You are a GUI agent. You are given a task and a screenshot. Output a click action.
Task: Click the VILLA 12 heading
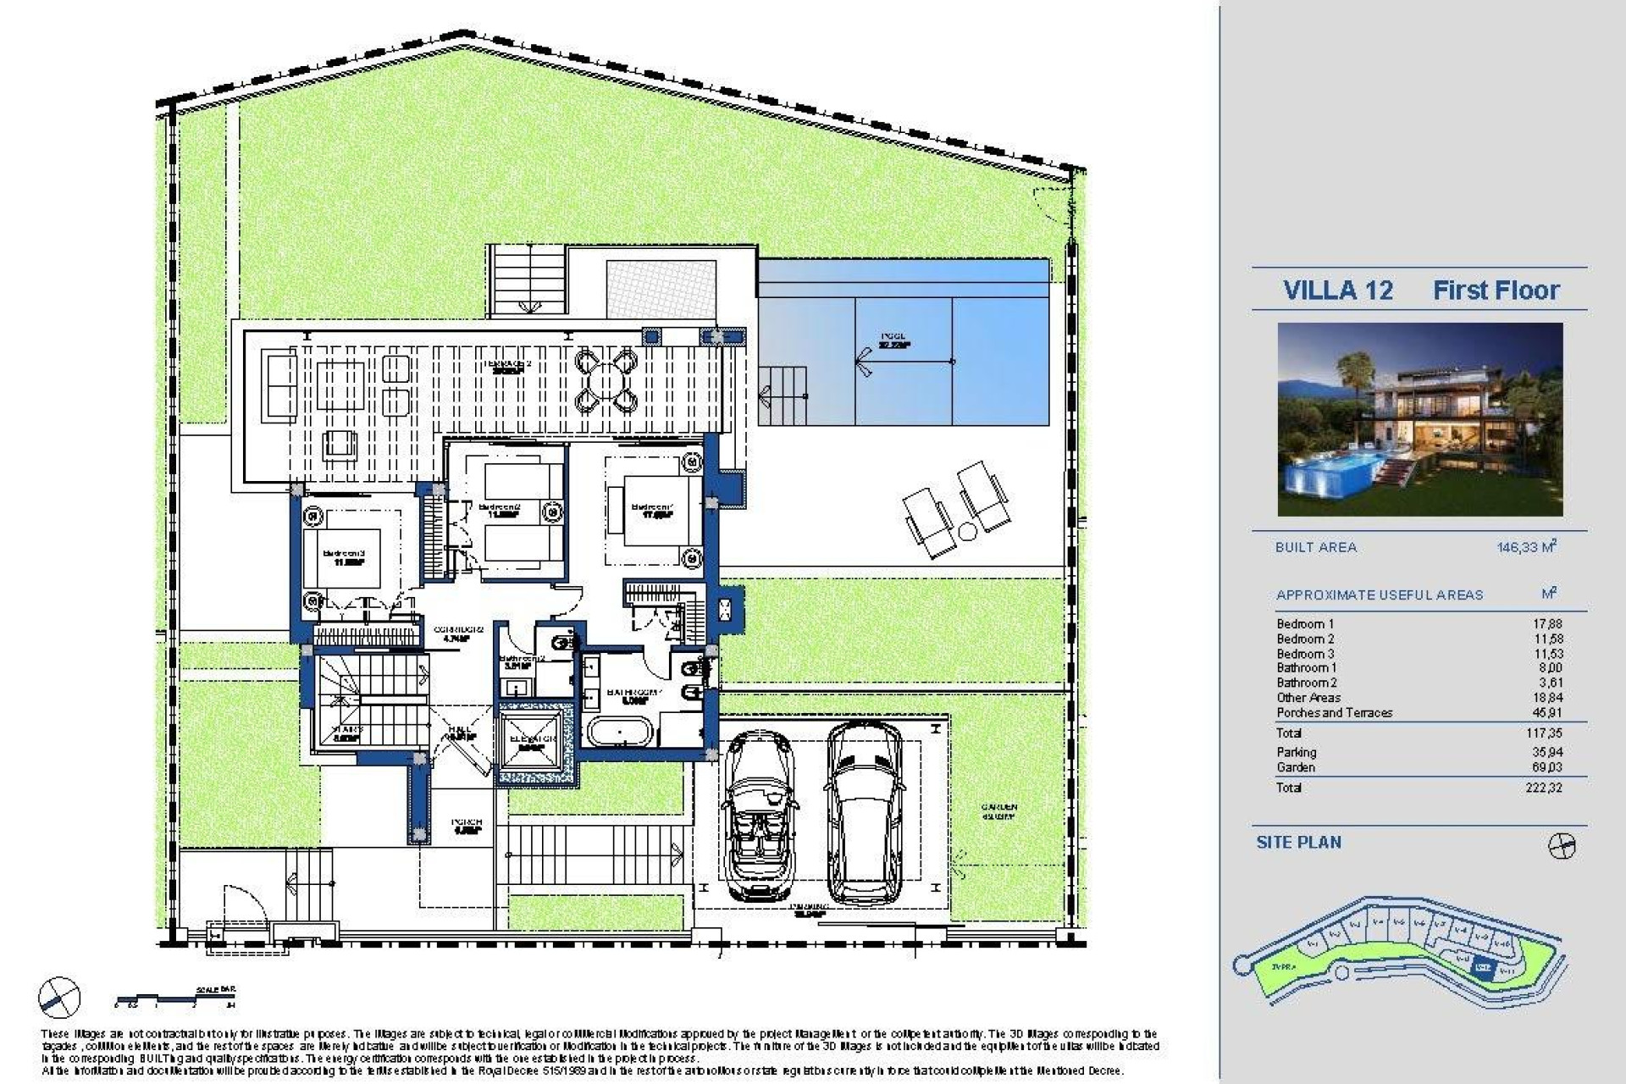1337,290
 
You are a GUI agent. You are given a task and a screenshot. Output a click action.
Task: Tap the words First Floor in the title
1496,290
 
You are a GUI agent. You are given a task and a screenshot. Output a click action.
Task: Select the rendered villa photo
1419,419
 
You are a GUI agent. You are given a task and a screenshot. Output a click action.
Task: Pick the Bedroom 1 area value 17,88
1546,624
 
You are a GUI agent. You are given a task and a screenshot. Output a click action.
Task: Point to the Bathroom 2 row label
1307,683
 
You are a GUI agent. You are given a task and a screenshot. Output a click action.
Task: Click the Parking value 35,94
1546,752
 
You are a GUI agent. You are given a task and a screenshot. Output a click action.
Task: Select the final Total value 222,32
1544,788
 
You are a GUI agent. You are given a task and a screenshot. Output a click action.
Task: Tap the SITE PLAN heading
1298,843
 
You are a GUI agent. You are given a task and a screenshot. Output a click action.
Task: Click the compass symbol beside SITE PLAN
1561,845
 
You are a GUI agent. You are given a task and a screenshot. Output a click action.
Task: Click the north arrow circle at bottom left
59,999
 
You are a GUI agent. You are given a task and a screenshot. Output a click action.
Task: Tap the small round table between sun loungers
966,531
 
